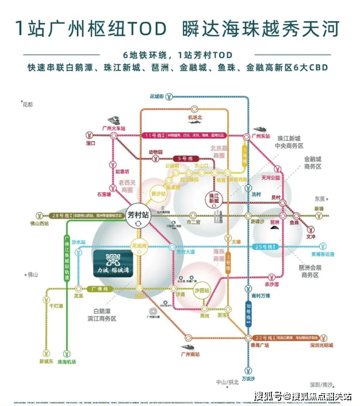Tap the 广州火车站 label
[113, 128]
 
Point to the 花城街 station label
[157, 95]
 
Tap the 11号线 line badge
[151, 135]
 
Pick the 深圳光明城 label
[321, 345]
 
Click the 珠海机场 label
[66, 361]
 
